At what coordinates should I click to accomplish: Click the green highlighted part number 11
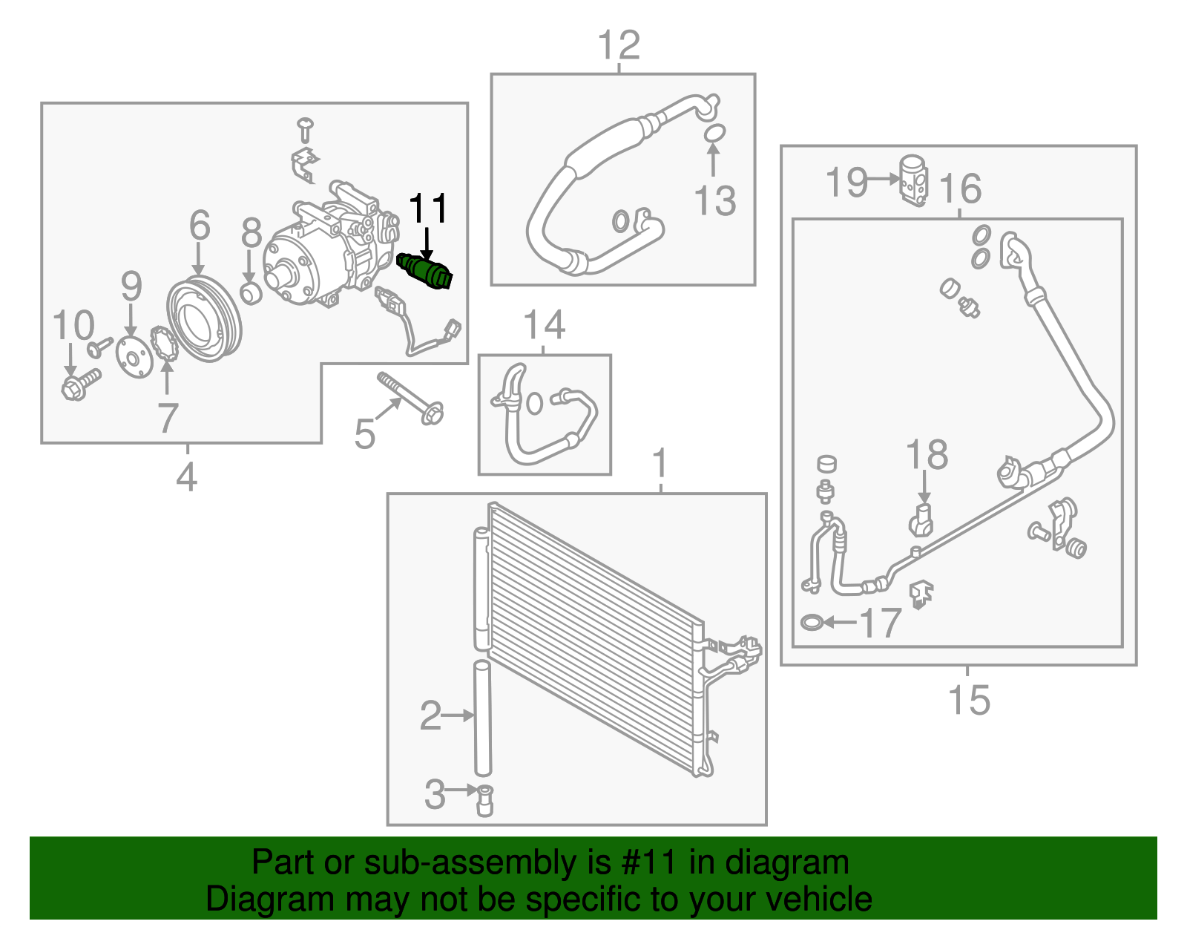pos(425,271)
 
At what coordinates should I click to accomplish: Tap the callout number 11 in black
pos(428,209)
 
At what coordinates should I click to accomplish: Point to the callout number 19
pos(846,182)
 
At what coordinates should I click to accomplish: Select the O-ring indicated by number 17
pos(812,622)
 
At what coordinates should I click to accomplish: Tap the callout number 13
pos(714,201)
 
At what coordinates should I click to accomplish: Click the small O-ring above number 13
pos(714,134)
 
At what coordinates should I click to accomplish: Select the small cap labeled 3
pos(485,800)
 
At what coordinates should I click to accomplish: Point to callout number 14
pos(544,325)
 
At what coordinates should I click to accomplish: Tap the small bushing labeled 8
pos(251,292)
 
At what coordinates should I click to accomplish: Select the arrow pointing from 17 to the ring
pos(840,622)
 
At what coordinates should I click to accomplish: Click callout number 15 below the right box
pos(969,700)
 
